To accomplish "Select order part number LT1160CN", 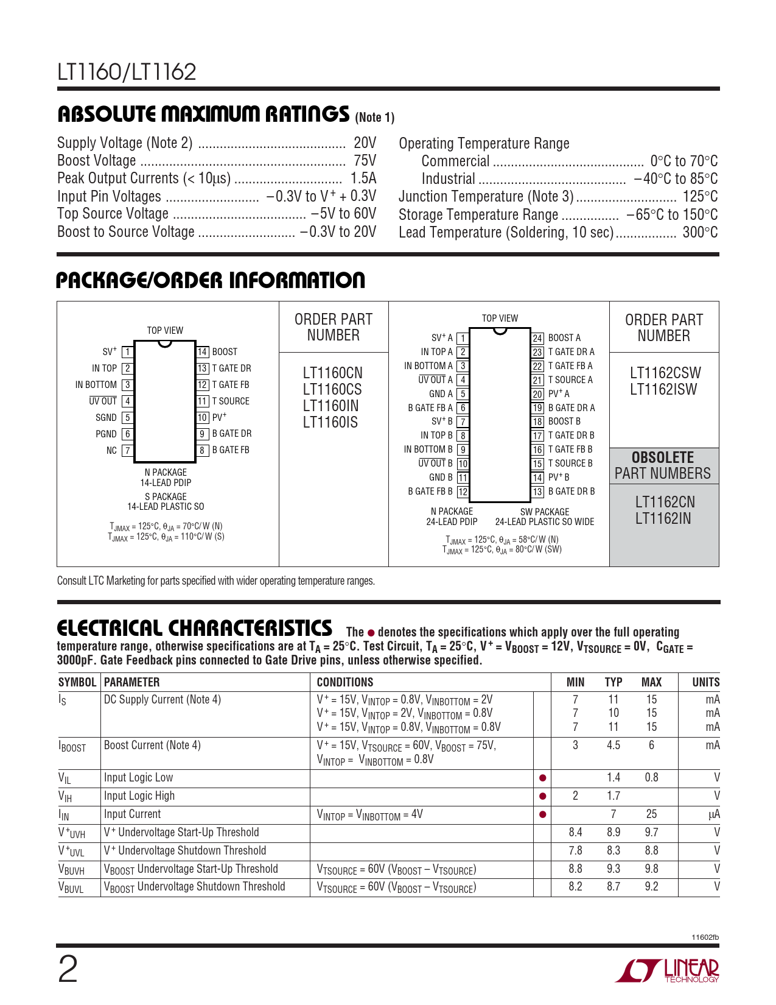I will (332, 373).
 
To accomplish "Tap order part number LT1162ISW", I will (663, 390).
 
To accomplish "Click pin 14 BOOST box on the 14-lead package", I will (203, 352).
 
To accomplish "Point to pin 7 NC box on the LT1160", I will (127, 451).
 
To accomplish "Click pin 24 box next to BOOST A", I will (537, 338).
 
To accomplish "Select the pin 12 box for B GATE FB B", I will (463, 492).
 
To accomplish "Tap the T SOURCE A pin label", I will (570, 380).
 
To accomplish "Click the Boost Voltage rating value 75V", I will (365, 161).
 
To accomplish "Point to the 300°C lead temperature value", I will (700, 233).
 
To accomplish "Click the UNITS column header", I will (705, 682).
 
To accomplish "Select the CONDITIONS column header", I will (345, 682).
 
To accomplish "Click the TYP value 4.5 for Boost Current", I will (613, 746).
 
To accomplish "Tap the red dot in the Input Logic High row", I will (542, 796).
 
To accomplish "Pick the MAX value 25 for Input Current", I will (651, 814).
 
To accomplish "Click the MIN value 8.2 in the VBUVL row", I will (575, 887).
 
